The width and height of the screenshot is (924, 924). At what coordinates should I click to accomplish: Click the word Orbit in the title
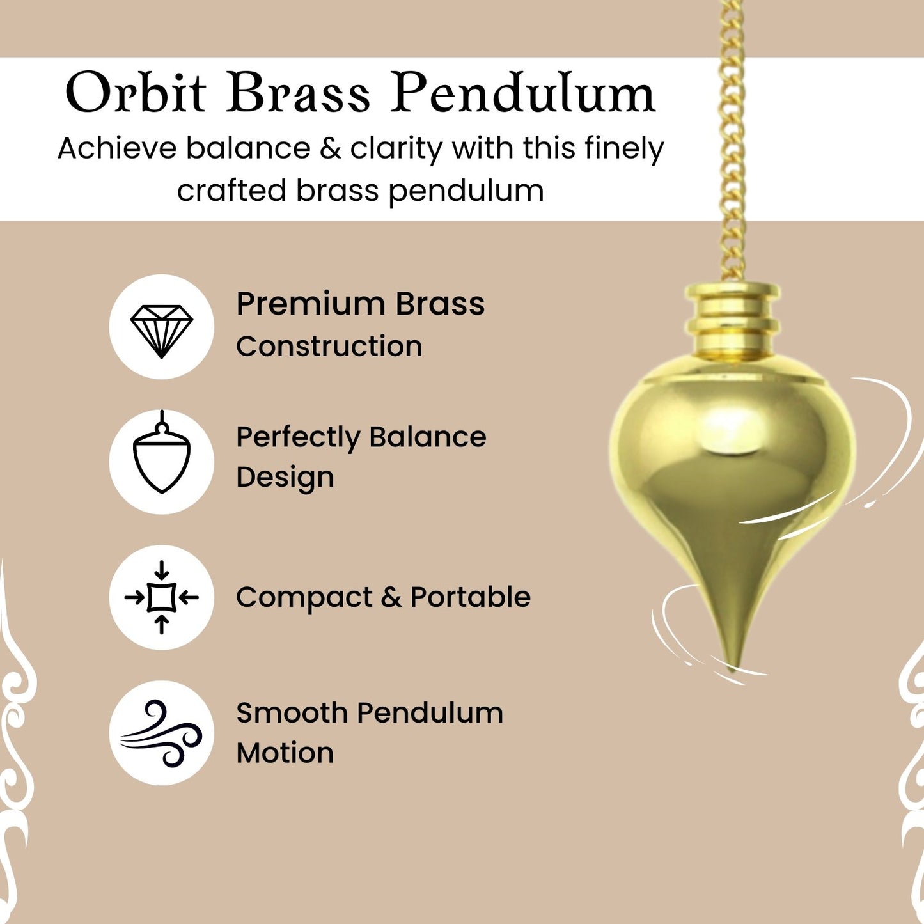tap(136, 93)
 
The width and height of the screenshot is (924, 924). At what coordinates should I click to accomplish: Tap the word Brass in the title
tap(298, 93)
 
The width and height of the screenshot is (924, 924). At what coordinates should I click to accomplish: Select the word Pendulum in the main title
tap(523, 93)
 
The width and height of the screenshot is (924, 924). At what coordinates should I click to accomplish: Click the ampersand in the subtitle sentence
tap(329, 148)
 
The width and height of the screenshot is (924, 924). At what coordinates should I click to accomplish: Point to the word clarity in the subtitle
tap(396, 150)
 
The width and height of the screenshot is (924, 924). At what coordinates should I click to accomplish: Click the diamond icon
tap(162, 331)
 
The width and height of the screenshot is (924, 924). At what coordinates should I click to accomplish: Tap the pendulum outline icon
tap(162, 451)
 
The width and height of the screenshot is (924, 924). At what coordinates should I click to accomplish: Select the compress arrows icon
tap(162, 597)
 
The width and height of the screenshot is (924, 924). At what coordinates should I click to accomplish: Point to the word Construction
tap(329, 346)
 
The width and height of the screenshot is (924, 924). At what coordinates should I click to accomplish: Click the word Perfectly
tap(298, 438)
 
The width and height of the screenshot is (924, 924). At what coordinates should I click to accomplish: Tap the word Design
tap(285, 478)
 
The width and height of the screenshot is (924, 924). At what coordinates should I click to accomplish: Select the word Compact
tap(304, 598)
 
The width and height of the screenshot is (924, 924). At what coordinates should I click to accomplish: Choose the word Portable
tap(471, 597)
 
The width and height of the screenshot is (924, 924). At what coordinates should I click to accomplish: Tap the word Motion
tap(285, 753)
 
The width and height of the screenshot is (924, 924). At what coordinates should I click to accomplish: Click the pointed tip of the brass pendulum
tap(732, 670)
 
